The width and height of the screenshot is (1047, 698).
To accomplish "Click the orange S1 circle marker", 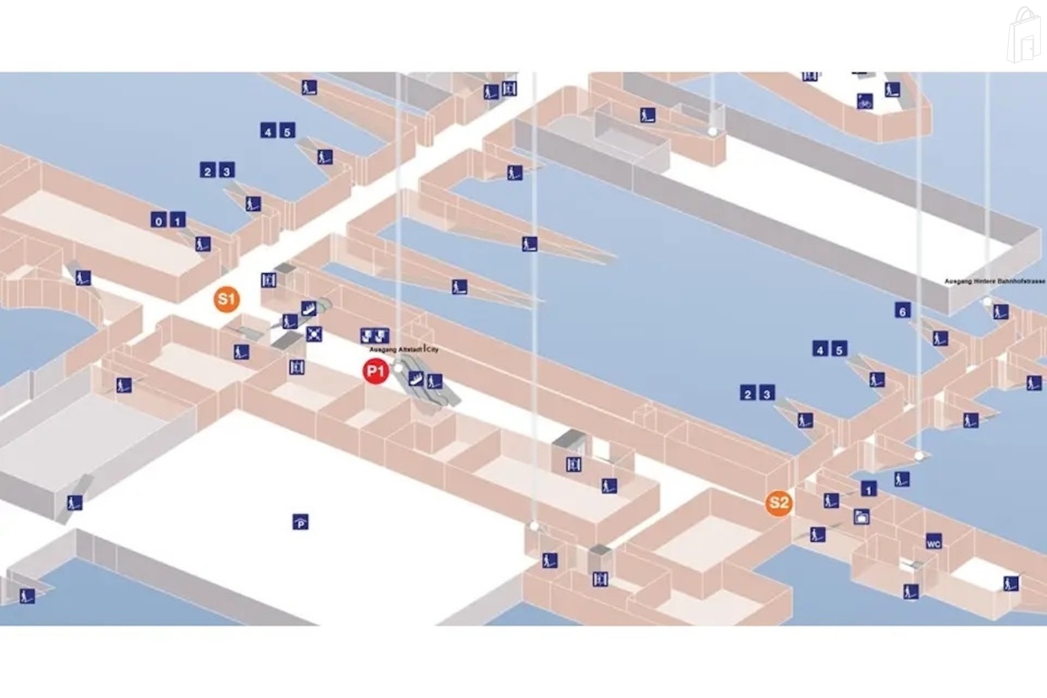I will tap(226, 300).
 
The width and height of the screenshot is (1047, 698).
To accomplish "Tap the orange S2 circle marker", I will tap(779, 503).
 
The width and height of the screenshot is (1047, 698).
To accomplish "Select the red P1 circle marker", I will tap(375, 372).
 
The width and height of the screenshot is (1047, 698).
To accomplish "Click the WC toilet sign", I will tap(934, 542).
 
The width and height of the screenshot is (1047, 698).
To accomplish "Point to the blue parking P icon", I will tap(300, 522).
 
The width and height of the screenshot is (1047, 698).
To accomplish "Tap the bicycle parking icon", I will tap(864, 101).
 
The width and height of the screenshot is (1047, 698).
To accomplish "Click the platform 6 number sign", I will tap(902, 311).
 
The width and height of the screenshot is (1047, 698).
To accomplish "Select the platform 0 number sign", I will tap(158, 220).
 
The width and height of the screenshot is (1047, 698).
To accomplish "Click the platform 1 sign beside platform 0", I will tap(177, 220).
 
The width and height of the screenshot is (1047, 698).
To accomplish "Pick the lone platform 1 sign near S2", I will tap(868, 489).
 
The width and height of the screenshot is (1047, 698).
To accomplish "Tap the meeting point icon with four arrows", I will tap(314, 334).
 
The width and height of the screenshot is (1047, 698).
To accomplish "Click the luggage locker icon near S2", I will tap(861, 517).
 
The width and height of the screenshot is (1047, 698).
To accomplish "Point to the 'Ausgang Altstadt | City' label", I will tap(404, 350).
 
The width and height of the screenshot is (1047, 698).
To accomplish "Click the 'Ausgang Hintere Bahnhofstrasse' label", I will tap(994, 282).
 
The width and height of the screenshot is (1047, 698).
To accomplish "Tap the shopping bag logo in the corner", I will tap(1024, 36).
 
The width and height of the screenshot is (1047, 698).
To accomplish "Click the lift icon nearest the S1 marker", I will tap(268, 280).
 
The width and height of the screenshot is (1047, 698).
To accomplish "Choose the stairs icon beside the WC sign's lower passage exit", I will tap(911, 592).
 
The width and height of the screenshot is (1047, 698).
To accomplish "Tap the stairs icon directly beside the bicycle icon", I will tap(892, 90).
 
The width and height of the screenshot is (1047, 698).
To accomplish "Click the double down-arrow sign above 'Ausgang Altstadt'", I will tap(375, 336).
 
